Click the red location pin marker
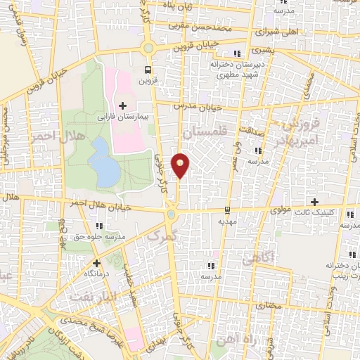[181, 165]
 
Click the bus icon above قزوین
[148, 69]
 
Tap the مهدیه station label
[225, 220]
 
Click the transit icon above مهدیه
[226, 210]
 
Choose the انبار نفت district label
[90, 298]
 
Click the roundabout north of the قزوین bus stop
[148, 48]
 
